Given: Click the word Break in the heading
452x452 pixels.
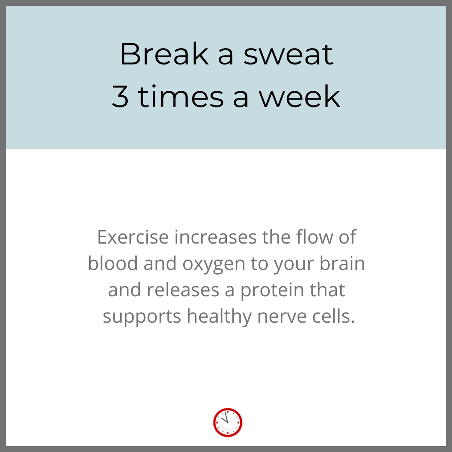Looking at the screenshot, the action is click(164, 54).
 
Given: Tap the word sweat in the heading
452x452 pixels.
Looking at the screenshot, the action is click(288, 55).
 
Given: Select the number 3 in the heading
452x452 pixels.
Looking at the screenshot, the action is click(120, 97).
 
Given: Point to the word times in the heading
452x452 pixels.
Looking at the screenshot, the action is click(181, 96).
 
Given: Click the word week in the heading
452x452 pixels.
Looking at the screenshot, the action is click(299, 96).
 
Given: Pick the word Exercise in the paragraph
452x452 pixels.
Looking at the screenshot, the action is click(133, 237).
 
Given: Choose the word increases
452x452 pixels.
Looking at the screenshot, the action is click(216, 237).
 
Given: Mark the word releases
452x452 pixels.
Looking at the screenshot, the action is click(183, 290).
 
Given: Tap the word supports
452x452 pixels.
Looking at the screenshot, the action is click(142, 317).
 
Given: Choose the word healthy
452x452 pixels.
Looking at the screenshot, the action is click(219, 317).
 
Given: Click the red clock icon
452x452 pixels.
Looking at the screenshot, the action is click(228, 422).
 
